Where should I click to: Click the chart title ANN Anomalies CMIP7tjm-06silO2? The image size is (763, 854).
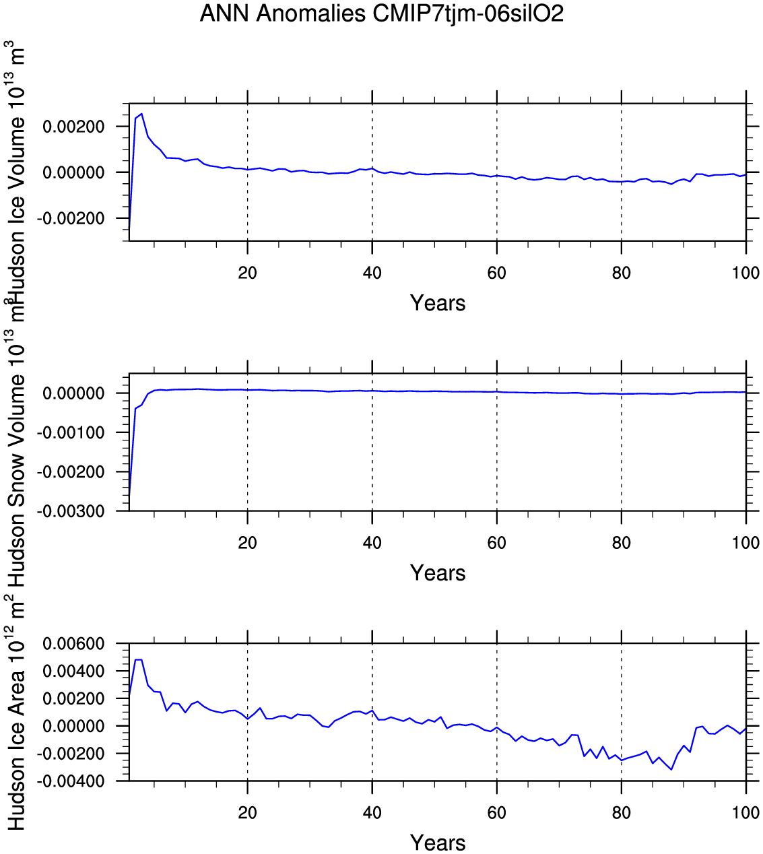[x=381, y=13]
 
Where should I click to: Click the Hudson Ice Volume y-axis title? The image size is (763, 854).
[x=16, y=172]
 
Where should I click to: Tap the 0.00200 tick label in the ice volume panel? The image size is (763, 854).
[x=74, y=127]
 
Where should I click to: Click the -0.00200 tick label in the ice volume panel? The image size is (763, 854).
[x=71, y=219]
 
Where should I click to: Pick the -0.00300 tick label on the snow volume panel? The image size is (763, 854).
[x=71, y=512]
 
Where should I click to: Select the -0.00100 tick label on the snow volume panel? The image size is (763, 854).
[x=71, y=432]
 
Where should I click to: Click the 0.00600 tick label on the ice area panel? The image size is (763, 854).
[x=74, y=644]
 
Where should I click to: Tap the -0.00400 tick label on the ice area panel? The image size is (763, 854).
[x=71, y=781]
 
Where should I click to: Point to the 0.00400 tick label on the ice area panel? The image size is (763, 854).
[x=74, y=671]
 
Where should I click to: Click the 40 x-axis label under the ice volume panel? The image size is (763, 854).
[x=372, y=273]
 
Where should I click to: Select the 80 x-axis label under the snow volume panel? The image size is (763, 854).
[x=621, y=543]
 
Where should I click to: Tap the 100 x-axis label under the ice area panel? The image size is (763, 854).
[x=745, y=813]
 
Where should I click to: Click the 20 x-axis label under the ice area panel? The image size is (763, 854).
[x=248, y=813]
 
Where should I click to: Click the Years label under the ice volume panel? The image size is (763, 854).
[x=438, y=303]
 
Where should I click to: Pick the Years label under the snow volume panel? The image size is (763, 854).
[x=438, y=573]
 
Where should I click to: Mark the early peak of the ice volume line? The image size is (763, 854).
[x=141, y=114]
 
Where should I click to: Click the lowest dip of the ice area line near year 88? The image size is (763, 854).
[x=671, y=769]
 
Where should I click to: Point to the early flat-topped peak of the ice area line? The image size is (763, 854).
[x=139, y=660]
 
